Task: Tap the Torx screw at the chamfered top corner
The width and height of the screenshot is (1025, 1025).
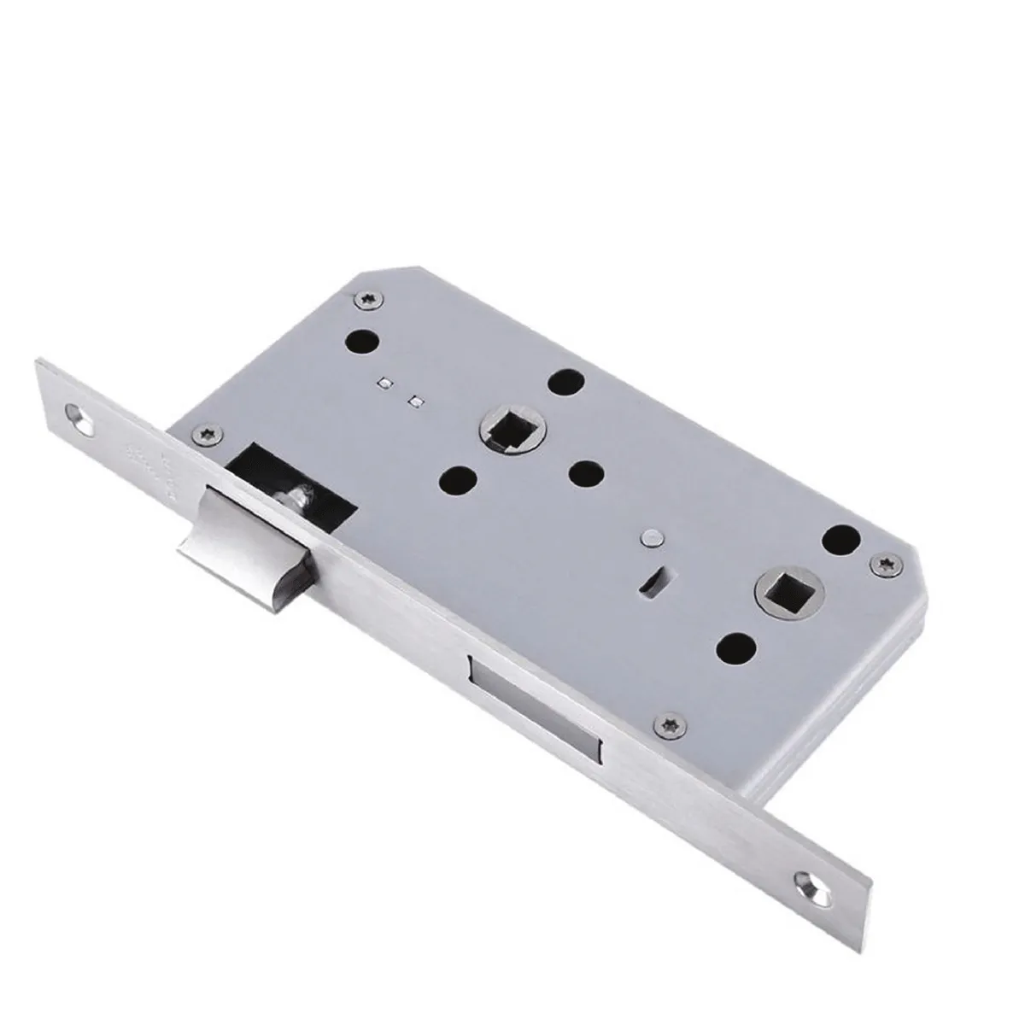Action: (372, 299)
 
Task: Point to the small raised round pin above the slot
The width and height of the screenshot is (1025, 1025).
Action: (653, 538)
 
